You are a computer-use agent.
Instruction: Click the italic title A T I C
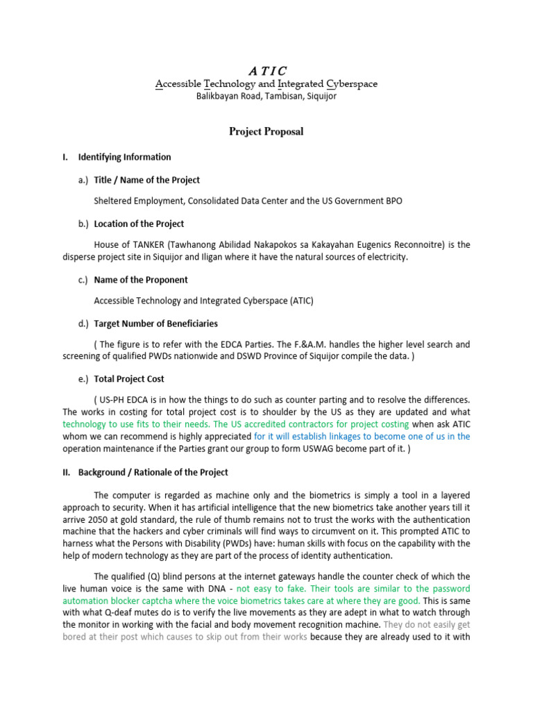[266, 70]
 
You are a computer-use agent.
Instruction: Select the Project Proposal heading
[266, 131]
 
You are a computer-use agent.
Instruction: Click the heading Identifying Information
[124, 157]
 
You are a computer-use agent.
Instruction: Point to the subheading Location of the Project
[139, 224]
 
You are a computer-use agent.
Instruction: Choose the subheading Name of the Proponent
[141, 280]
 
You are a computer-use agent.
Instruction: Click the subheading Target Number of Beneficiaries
[155, 324]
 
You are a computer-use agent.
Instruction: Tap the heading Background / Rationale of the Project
[153, 472]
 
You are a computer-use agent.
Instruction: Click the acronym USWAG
[345, 449]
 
